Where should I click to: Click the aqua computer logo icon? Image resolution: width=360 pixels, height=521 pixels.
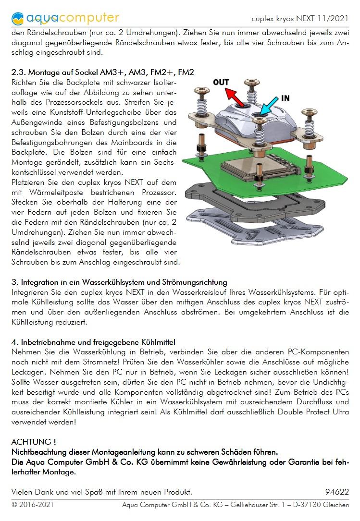(17, 18)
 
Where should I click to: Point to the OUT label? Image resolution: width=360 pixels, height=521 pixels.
(221, 82)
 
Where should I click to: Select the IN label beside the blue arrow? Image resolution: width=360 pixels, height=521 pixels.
(285, 98)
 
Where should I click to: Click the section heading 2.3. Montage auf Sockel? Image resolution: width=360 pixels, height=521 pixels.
(102, 73)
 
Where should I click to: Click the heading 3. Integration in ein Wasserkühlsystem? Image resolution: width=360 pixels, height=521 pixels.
(119, 282)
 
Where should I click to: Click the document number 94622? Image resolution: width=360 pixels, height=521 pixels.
(337, 492)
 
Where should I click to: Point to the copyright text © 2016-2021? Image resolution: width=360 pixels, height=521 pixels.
(32, 505)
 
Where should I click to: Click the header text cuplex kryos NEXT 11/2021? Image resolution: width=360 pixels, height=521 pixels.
(300, 19)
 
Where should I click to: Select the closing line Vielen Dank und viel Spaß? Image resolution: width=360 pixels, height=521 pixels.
(101, 492)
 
